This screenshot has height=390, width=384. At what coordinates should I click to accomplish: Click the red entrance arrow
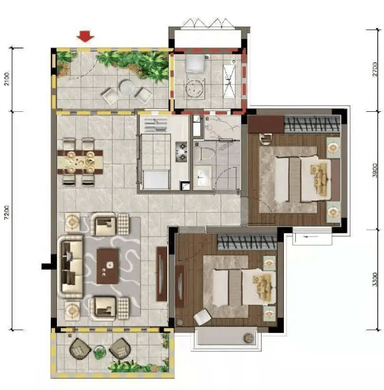coord(85,36)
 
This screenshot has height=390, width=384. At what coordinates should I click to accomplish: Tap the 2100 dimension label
coord(7,79)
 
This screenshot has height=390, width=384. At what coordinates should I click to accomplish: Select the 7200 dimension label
coord(7,212)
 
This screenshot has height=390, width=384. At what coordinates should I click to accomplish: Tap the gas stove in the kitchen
coord(181,151)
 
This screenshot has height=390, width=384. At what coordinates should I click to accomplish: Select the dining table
coord(80,162)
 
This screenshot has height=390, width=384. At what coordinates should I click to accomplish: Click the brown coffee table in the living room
coord(107,266)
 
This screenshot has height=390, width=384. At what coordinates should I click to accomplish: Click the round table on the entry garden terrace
coord(127,87)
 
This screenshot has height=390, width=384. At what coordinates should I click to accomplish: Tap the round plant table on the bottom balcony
coord(100,352)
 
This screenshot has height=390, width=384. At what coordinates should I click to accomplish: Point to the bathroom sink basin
coord(203,176)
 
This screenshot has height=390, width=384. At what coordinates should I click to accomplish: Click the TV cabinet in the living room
coord(161,274)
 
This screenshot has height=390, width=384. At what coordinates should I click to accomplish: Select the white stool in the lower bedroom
coord(202,317)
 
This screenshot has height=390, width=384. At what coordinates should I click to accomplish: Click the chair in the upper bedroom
coord(266,139)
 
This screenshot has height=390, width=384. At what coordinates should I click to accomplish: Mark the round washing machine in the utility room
coord(195,88)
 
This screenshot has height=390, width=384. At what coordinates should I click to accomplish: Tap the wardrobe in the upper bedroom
coord(312,124)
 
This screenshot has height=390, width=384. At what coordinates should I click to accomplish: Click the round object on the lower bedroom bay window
coord(249,338)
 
